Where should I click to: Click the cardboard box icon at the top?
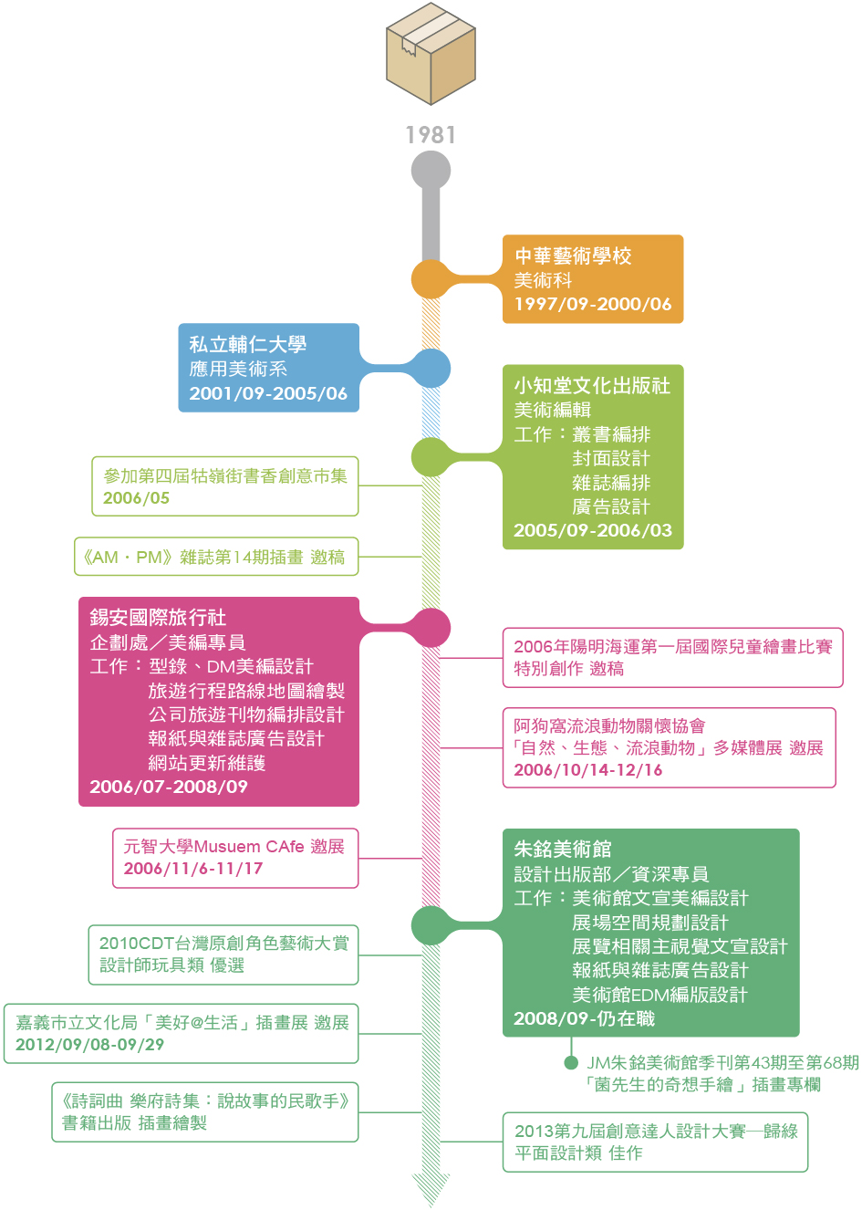(431, 54)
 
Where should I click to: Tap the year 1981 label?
(431, 135)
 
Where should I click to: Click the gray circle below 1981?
(431, 171)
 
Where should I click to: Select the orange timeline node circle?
(431, 279)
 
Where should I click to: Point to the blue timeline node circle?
(431, 369)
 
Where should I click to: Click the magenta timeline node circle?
(431, 628)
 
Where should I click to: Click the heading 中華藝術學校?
(573, 256)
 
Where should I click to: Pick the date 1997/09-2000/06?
(593, 304)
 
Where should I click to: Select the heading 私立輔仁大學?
(247, 345)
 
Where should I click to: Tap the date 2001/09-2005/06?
(268, 393)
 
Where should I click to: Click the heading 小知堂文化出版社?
(592, 386)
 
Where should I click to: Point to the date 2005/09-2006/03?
(593, 530)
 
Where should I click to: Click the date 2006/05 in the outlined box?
(136, 498)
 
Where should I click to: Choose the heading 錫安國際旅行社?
(158, 618)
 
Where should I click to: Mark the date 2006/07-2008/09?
(169, 787)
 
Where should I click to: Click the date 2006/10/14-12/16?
(588, 770)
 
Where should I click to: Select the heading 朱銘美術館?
(563, 850)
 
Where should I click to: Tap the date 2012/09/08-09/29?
(89, 1045)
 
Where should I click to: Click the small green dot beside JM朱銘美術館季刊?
(571, 1062)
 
